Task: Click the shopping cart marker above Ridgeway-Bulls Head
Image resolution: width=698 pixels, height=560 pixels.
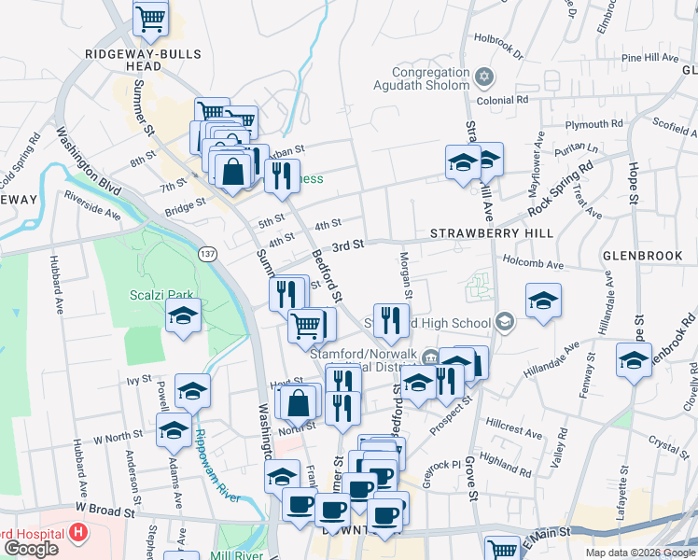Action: pyautogui.click(x=150, y=18)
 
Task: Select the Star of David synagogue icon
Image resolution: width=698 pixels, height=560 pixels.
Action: pyautogui.click(x=483, y=76)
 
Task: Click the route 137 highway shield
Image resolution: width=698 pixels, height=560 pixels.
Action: pyautogui.click(x=207, y=253)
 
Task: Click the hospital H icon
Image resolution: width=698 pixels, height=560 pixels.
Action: pyautogui.click(x=78, y=534)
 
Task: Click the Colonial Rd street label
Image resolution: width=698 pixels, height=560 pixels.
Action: pyautogui.click(x=503, y=99)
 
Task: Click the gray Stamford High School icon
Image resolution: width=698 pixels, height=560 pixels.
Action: pyautogui.click(x=505, y=323)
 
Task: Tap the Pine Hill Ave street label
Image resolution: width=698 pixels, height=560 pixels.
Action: pyautogui.click(x=649, y=58)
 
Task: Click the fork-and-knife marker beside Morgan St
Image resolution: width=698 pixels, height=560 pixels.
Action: pyautogui.click(x=392, y=321)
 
